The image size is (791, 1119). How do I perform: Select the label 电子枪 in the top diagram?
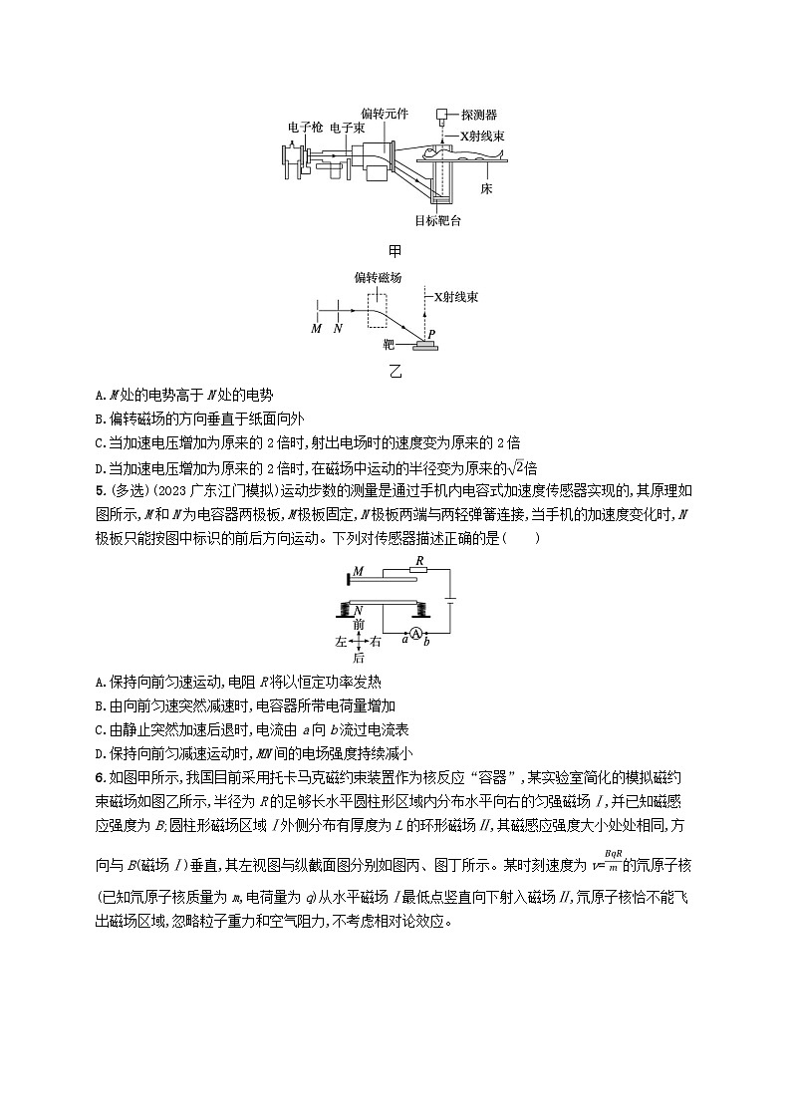303,129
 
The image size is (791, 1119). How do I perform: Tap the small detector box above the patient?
441,115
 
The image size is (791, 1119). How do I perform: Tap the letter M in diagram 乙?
316,328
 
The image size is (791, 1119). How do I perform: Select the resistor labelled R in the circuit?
420,572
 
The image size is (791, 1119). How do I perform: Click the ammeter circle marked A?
418,633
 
